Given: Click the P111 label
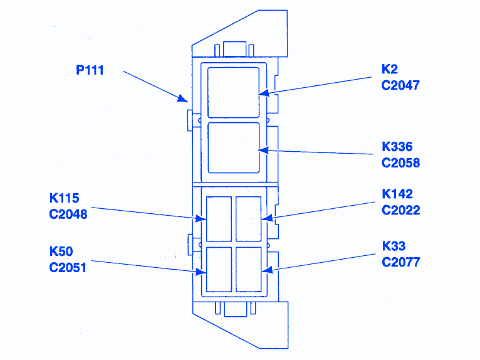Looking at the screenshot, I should pyautogui.click(x=90, y=70).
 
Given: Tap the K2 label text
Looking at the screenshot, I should pyautogui.click(x=390, y=69).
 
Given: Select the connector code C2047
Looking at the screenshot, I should pyautogui.click(x=400, y=85).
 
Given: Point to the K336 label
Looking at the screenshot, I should pyautogui.click(x=397, y=147).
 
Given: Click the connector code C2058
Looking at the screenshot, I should pyautogui.click(x=400, y=163).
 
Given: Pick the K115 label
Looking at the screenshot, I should pyautogui.click(x=65, y=198).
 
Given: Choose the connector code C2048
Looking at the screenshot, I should pyautogui.click(x=68, y=214).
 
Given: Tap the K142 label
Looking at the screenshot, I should pyautogui.click(x=397, y=194).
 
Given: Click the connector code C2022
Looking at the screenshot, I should pyautogui.click(x=400, y=210).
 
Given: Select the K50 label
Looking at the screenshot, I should pyautogui.click(x=61, y=251).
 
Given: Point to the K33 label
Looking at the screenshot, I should pyautogui.click(x=394, y=246).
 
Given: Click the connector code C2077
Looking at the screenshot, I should pyautogui.click(x=400, y=262).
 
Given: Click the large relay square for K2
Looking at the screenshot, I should pyautogui.click(x=233, y=92).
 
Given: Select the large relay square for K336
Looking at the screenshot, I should pyautogui.click(x=233, y=148).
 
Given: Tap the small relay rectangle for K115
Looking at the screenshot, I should pyautogui.click(x=219, y=218).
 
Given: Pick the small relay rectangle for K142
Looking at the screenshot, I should pyautogui.click(x=248, y=218).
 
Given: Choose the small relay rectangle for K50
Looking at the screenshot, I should pyautogui.click(x=219, y=268).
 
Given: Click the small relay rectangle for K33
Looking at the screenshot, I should pyautogui.click(x=248, y=268).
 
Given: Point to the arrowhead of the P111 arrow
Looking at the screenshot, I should pyautogui.click(x=185, y=100).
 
